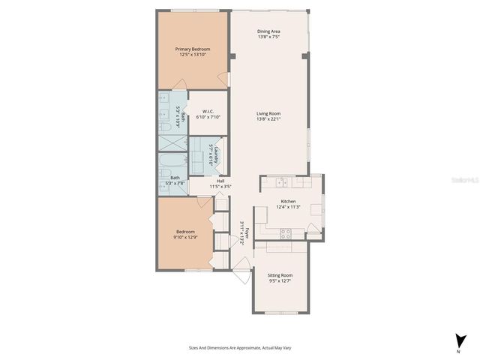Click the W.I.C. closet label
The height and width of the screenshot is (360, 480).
(208, 112)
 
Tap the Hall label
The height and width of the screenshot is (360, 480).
(221, 181)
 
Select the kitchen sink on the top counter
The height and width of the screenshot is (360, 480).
(280, 182)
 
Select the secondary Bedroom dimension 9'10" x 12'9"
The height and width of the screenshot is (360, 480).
(184, 238)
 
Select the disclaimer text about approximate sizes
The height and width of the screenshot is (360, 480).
(240, 347)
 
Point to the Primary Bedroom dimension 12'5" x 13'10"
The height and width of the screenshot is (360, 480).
(193, 55)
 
